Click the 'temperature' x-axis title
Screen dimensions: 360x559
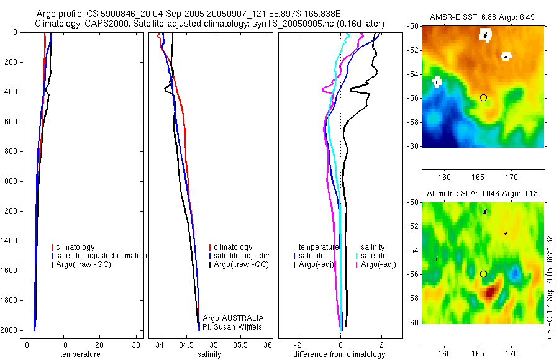(80, 354)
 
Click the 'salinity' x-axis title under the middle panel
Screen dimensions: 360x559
(210, 354)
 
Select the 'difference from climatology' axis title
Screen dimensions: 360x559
(339, 354)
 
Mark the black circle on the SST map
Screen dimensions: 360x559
(483, 98)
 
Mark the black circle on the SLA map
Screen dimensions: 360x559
(483, 274)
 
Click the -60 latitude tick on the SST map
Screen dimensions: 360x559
(412, 146)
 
